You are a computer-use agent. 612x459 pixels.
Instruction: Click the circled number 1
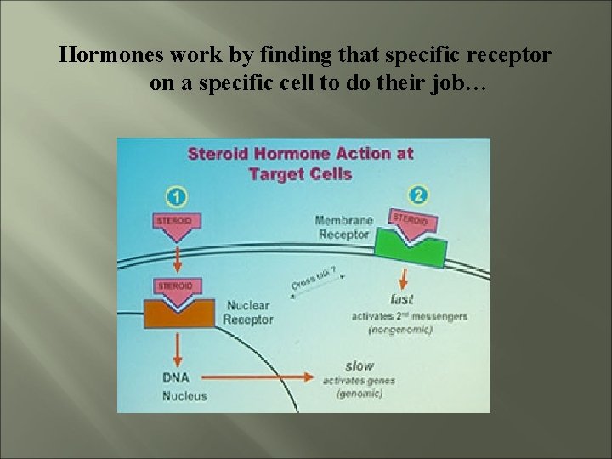pos(176,197)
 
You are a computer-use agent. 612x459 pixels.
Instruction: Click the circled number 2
pos(418,195)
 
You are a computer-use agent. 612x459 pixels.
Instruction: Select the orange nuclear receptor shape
pos(178,312)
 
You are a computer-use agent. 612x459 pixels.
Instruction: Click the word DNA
pos(176,377)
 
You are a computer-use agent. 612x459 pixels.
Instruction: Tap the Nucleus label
pos(184,396)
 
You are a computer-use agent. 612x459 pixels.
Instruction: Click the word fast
pos(401,299)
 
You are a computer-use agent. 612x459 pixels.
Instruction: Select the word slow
pos(360,365)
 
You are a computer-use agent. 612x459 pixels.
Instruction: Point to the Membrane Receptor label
pos(343,228)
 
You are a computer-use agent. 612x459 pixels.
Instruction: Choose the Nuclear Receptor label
pos(247,312)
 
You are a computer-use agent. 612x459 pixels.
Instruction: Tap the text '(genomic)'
pos(359,394)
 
